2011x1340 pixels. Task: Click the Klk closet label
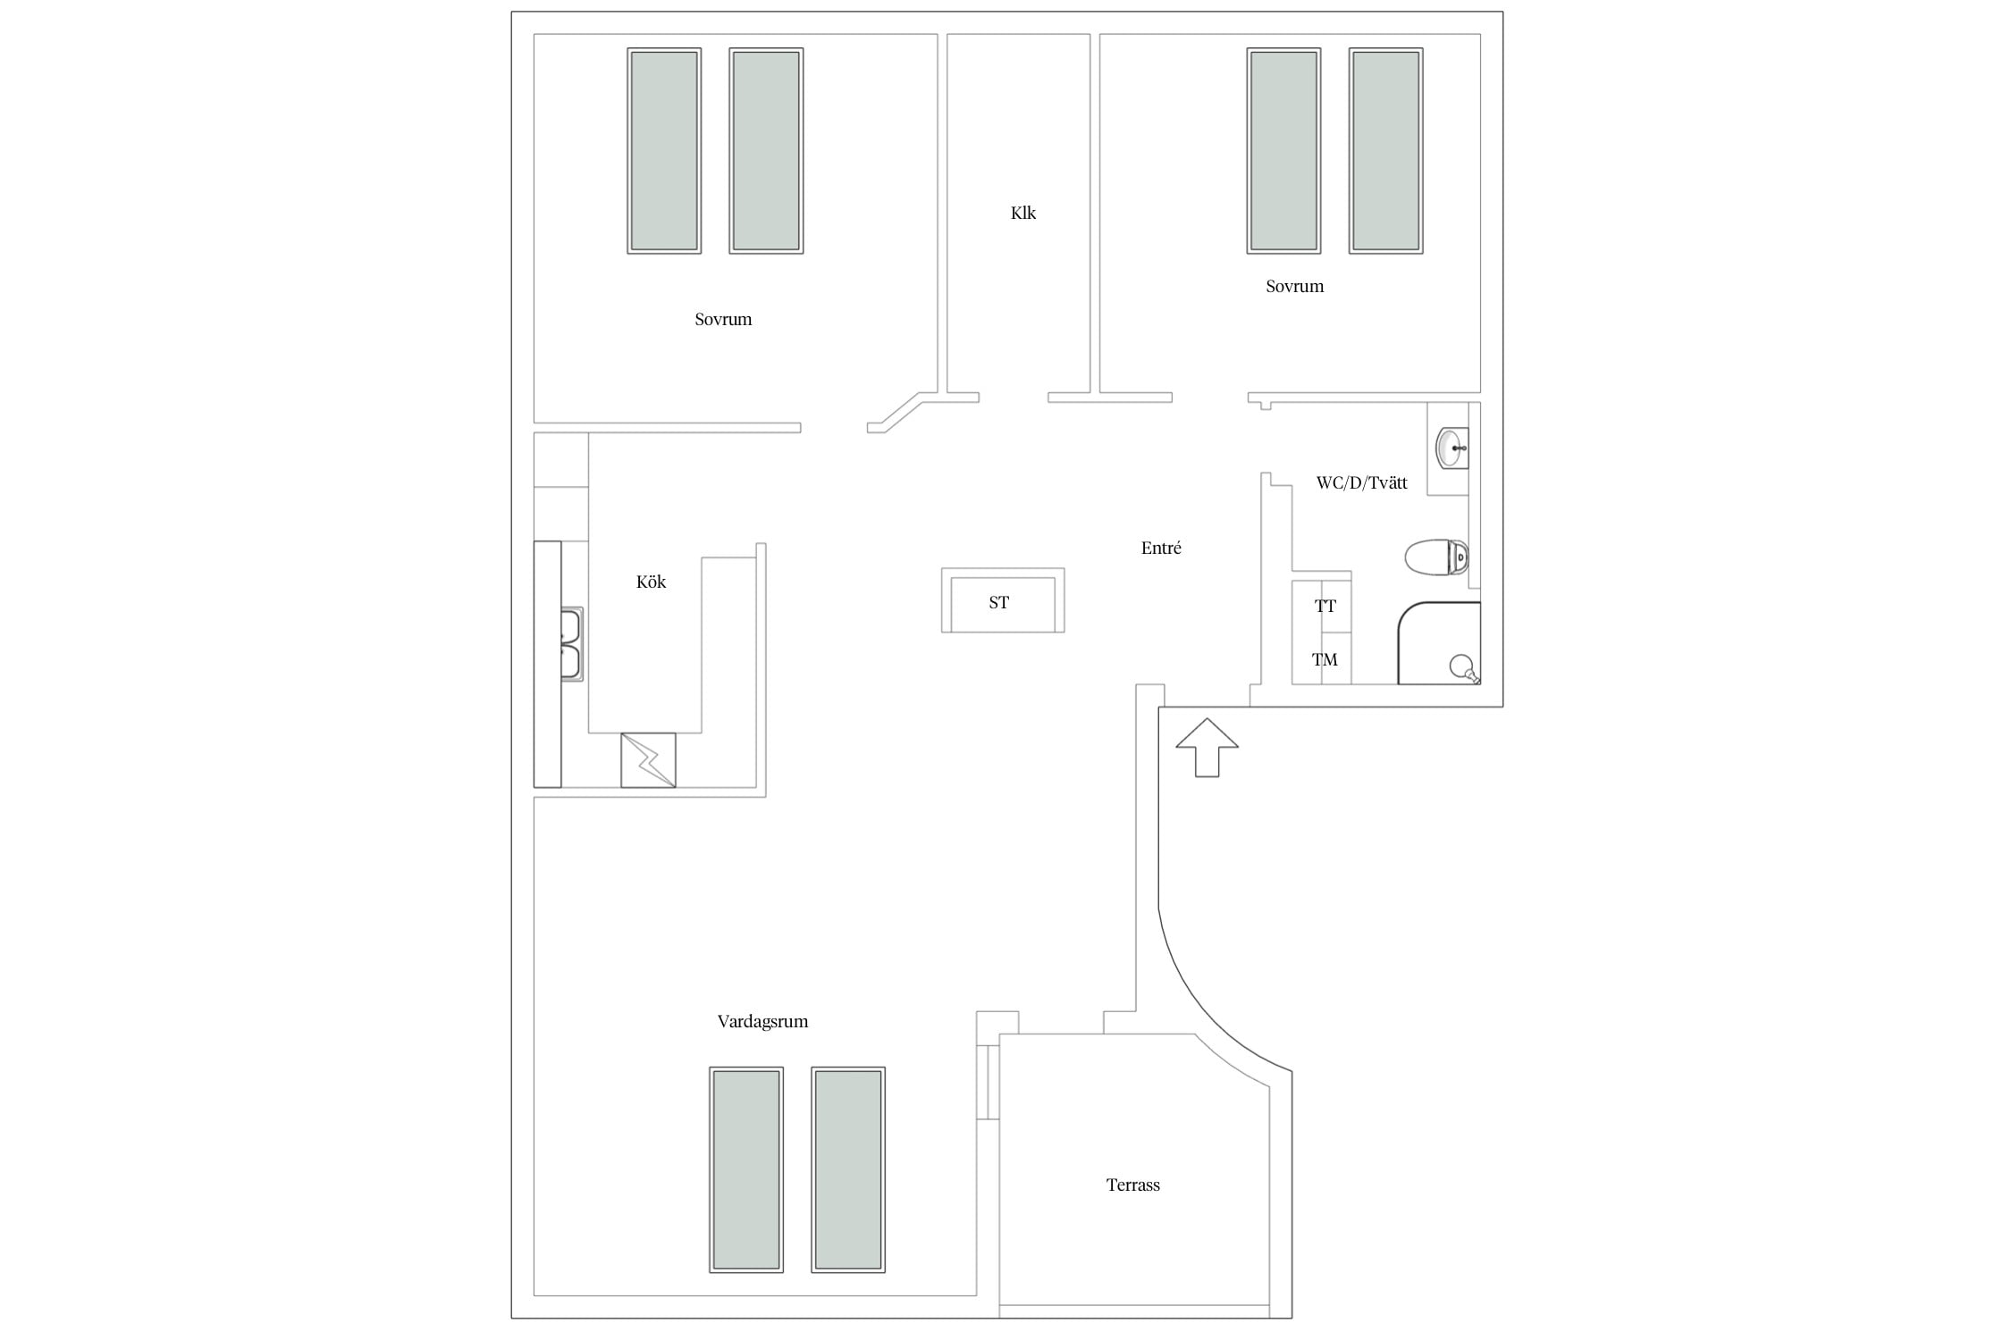click(x=1023, y=213)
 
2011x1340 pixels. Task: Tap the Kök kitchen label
click(x=651, y=582)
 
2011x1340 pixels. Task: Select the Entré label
click(x=1161, y=549)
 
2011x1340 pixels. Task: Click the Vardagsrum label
click(x=762, y=1022)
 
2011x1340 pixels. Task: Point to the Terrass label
click(x=1133, y=1185)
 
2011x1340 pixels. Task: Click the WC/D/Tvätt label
click(x=1362, y=483)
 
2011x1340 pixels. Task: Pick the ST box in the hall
click(x=1003, y=601)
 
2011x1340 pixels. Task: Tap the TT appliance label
click(x=1325, y=607)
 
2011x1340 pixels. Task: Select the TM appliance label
click(x=1325, y=660)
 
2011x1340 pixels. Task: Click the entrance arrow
click(x=1207, y=748)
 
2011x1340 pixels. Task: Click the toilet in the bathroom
click(x=1436, y=557)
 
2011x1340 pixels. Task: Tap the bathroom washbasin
click(x=1451, y=448)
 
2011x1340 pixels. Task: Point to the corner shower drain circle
click(x=1461, y=666)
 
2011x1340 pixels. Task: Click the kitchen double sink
click(x=571, y=644)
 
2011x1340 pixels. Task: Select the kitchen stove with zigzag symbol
click(x=648, y=760)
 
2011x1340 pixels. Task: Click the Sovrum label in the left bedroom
click(x=723, y=320)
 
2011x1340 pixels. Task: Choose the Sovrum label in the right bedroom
click(x=1294, y=287)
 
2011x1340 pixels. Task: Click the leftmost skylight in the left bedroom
click(x=664, y=151)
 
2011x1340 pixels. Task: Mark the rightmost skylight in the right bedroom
click(x=1385, y=151)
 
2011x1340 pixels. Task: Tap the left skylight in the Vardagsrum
click(x=746, y=1169)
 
